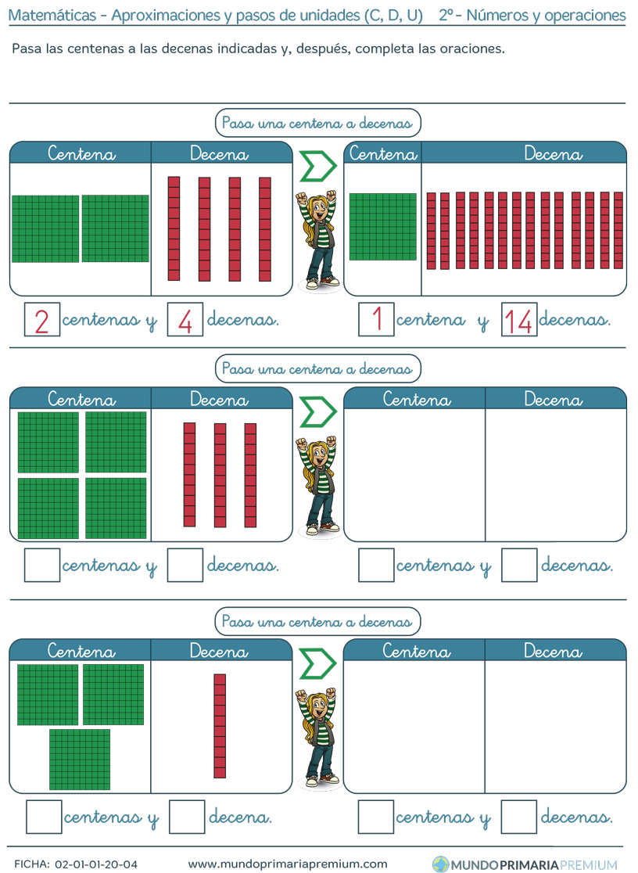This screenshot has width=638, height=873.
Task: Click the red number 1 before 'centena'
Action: [378, 319]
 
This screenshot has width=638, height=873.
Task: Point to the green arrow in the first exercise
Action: [318, 166]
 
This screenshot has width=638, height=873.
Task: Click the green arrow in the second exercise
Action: [318, 412]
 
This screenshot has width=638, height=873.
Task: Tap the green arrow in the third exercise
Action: [318, 663]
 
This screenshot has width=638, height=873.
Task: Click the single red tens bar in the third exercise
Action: [220, 726]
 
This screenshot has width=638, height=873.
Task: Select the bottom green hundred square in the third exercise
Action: [80, 760]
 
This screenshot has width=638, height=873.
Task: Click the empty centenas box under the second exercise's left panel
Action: [42, 565]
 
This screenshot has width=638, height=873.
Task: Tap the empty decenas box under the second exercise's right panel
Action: [519, 565]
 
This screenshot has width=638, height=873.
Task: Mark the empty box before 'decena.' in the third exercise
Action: [187, 817]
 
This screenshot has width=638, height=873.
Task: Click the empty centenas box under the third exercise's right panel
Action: [376, 817]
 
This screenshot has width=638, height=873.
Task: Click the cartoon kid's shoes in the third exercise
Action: [323, 778]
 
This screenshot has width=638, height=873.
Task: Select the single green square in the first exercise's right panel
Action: [383, 227]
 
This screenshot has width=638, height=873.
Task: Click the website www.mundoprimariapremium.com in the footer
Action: [288, 864]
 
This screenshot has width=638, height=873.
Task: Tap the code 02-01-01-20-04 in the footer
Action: [95, 864]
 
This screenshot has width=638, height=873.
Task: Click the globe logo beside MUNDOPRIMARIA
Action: [440, 864]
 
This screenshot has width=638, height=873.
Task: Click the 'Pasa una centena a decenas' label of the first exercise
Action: [318, 123]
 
